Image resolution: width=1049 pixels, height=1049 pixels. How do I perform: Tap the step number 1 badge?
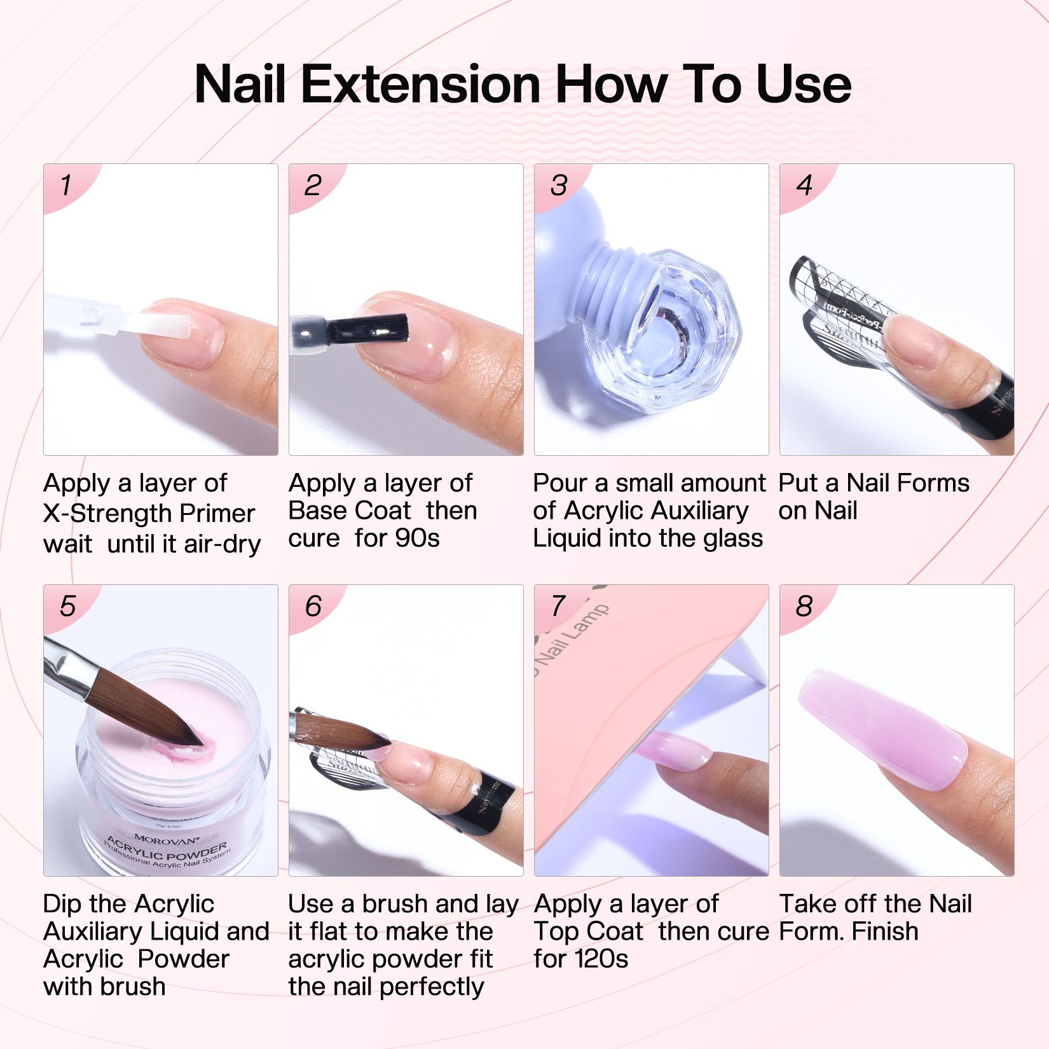click(65, 186)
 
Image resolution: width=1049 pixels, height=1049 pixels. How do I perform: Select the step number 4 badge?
click(804, 186)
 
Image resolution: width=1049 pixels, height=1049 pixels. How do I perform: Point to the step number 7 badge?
click(558, 606)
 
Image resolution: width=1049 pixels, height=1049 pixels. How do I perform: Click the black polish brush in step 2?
click(369, 329)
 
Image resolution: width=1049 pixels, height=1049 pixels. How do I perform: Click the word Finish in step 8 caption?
click(885, 931)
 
